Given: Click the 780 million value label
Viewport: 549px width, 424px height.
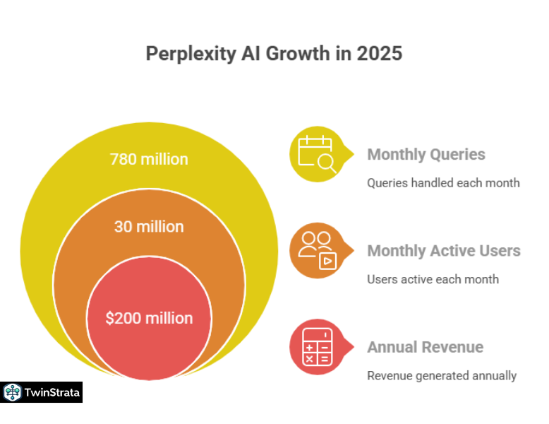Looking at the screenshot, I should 149,159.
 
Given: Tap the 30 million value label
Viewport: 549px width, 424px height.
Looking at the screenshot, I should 149,227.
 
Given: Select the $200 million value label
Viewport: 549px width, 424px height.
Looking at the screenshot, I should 149,318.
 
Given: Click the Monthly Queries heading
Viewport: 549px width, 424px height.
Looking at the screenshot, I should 426,155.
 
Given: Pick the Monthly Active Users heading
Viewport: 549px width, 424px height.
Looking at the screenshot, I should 444,251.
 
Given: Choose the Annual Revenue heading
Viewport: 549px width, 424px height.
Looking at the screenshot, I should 425,347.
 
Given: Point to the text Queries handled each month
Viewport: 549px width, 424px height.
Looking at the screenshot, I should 443,183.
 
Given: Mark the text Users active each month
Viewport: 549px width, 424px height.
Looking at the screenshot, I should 433,279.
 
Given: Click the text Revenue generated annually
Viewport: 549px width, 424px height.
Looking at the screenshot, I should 442,375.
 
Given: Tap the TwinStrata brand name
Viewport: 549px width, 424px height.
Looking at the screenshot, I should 52,392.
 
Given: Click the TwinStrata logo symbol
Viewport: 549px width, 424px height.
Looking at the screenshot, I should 12,392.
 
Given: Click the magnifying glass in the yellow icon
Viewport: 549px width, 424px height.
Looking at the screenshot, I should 327,163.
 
